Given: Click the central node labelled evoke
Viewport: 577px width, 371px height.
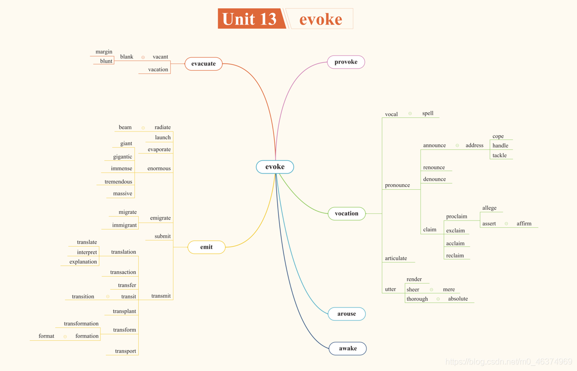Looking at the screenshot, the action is pyautogui.click(x=275, y=167).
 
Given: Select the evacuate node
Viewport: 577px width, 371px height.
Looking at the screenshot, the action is pyautogui.click(x=203, y=64).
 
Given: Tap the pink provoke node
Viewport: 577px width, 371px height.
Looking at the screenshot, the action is pyautogui.click(x=346, y=62).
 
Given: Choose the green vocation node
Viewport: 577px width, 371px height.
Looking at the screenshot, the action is pyautogui.click(x=346, y=213).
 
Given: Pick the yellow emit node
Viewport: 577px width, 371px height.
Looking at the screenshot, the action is pyautogui.click(x=207, y=247).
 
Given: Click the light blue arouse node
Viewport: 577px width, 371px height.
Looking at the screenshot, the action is pyautogui.click(x=346, y=314).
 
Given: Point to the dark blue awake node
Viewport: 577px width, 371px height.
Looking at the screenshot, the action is pyautogui.click(x=347, y=348).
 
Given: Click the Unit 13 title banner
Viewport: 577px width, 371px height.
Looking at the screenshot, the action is pyautogui.click(x=251, y=19).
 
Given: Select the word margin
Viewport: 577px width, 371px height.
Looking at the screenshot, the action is pyautogui.click(x=104, y=52).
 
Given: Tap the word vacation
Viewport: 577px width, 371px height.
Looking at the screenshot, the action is pyautogui.click(x=158, y=70).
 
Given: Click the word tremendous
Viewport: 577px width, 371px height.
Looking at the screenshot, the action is pyautogui.click(x=118, y=182).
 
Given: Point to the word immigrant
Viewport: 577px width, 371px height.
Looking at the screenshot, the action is pyautogui.click(x=125, y=225).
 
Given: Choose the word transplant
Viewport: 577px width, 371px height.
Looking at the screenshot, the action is pyautogui.click(x=125, y=311).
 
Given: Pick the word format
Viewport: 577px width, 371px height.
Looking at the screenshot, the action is pyautogui.click(x=46, y=336).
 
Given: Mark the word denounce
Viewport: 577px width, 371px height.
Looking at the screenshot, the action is pyautogui.click(x=435, y=179).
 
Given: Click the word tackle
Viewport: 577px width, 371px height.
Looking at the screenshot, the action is pyautogui.click(x=500, y=156).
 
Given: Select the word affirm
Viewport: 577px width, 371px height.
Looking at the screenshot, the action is pyautogui.click(x=524, y=224).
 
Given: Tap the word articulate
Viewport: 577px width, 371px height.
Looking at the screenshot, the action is pyautogui.click(x=396, y=258).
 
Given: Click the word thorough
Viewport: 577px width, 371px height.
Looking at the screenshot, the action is pyautogui.click(x=417, y=299).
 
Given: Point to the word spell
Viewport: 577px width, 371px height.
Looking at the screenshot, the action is pyautogui.click(x=428, y=114).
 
